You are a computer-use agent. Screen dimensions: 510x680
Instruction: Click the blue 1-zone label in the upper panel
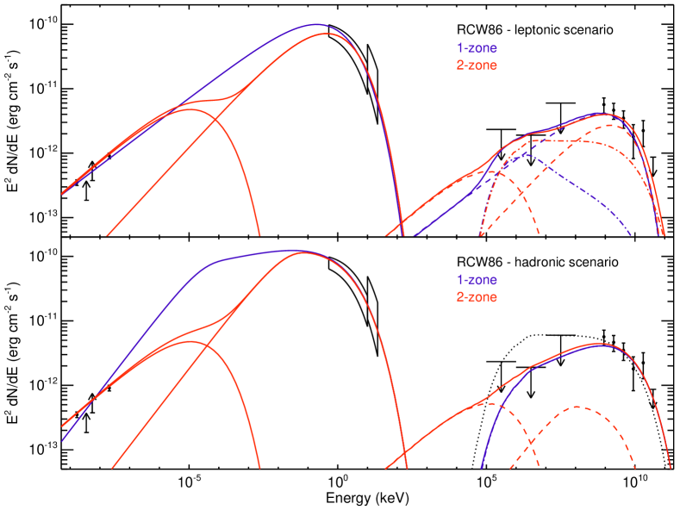[477, 48]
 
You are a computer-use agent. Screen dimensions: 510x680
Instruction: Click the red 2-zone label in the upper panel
[477, 65]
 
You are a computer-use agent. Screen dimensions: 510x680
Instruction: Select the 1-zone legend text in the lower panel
[477, 280]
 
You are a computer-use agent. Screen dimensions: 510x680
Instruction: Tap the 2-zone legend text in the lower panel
[477, 297]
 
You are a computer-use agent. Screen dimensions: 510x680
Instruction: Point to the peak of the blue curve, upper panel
[316, 25]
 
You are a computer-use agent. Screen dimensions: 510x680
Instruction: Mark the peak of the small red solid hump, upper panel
[190, 109]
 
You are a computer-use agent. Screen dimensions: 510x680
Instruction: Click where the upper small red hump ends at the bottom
[259, 233]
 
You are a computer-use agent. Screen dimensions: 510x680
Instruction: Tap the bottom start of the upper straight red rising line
[108, 233]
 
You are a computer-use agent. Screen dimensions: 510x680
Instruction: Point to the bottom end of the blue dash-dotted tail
[632, 233]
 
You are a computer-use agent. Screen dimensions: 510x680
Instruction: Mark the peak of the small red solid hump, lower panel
[191, 342]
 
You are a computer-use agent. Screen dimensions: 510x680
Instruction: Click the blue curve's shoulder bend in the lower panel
[214, 260]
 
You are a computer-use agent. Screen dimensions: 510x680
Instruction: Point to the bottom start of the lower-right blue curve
[481, 468]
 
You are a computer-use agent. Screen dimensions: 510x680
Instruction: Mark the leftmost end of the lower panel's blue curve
[62, 440]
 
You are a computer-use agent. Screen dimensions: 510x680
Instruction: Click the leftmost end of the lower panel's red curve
[62, 426]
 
